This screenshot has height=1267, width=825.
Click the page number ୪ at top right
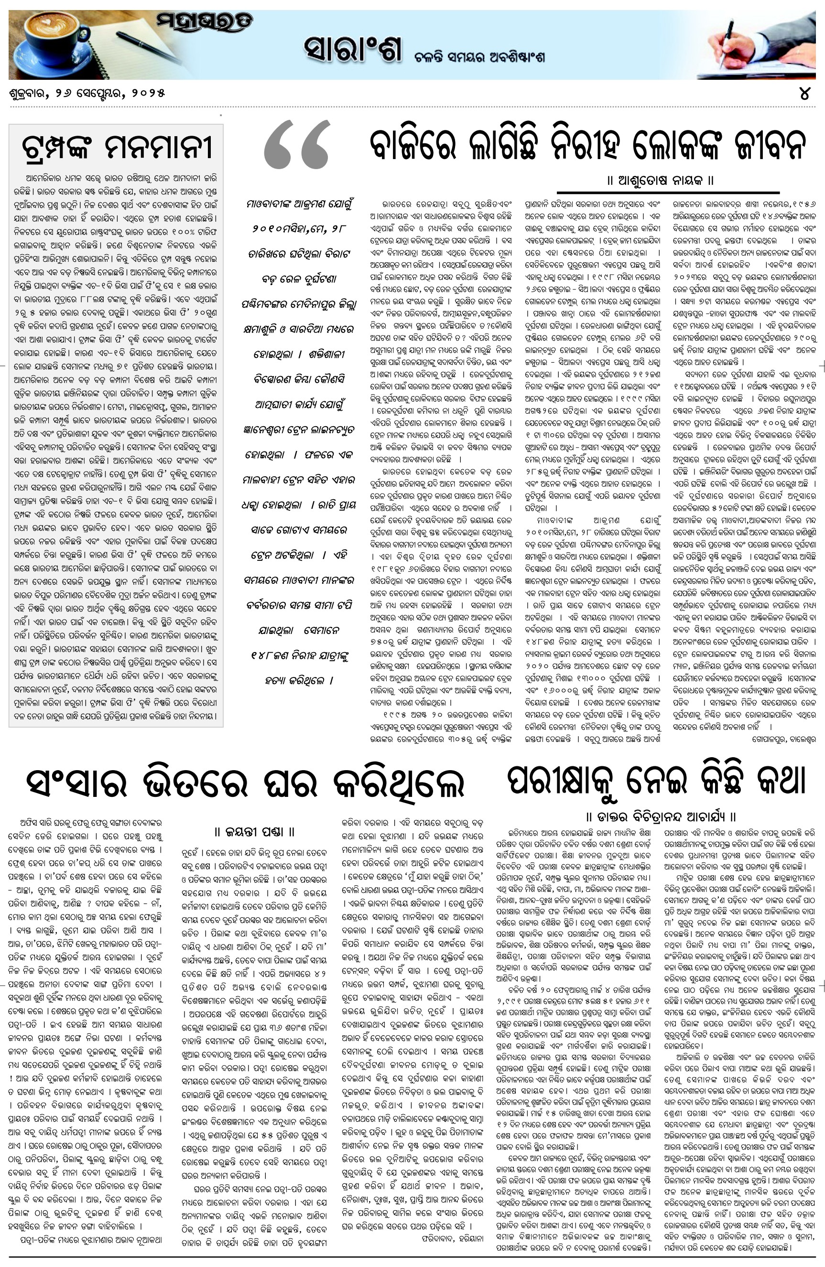click(805, 93)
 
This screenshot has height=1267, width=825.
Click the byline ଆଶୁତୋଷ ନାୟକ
click(660, 181)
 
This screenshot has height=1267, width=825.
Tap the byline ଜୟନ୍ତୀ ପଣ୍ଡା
click(255, 832)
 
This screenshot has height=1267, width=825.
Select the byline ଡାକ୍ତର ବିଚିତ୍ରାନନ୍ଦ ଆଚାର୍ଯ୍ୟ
click(661, 816)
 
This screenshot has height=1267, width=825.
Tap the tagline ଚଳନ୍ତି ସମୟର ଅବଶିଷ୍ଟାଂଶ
click(480, 57)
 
